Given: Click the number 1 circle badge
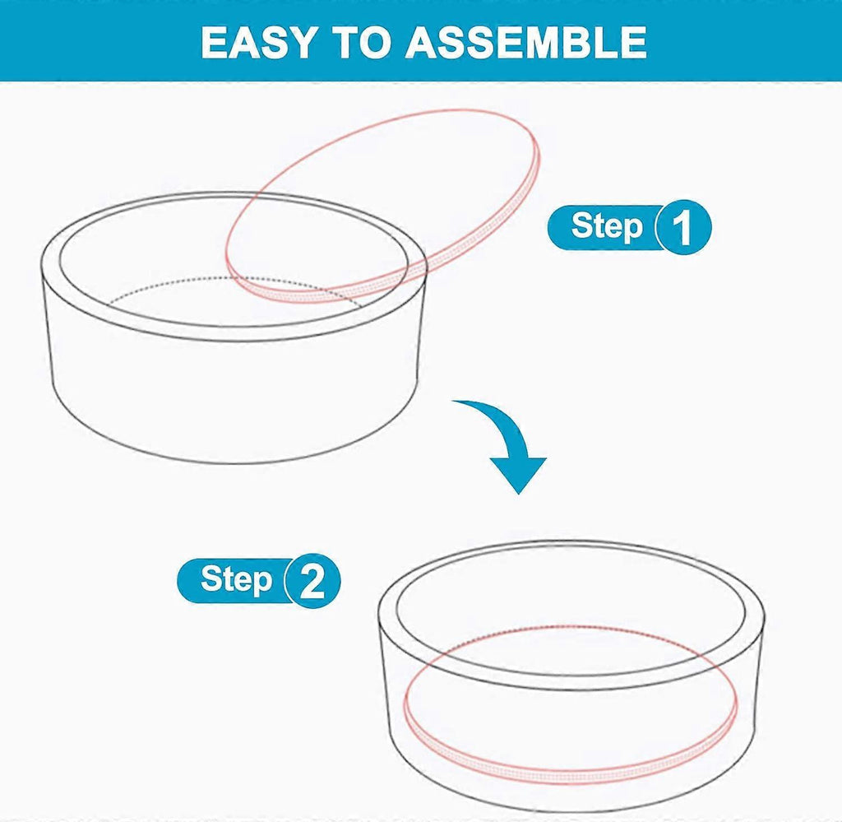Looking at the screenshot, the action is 683,227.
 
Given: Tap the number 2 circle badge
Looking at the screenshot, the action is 312,581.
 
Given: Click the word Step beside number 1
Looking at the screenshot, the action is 607,225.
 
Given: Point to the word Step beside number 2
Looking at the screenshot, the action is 236,579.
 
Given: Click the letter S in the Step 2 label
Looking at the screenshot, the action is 211,578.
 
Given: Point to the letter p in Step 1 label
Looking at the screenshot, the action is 632,230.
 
